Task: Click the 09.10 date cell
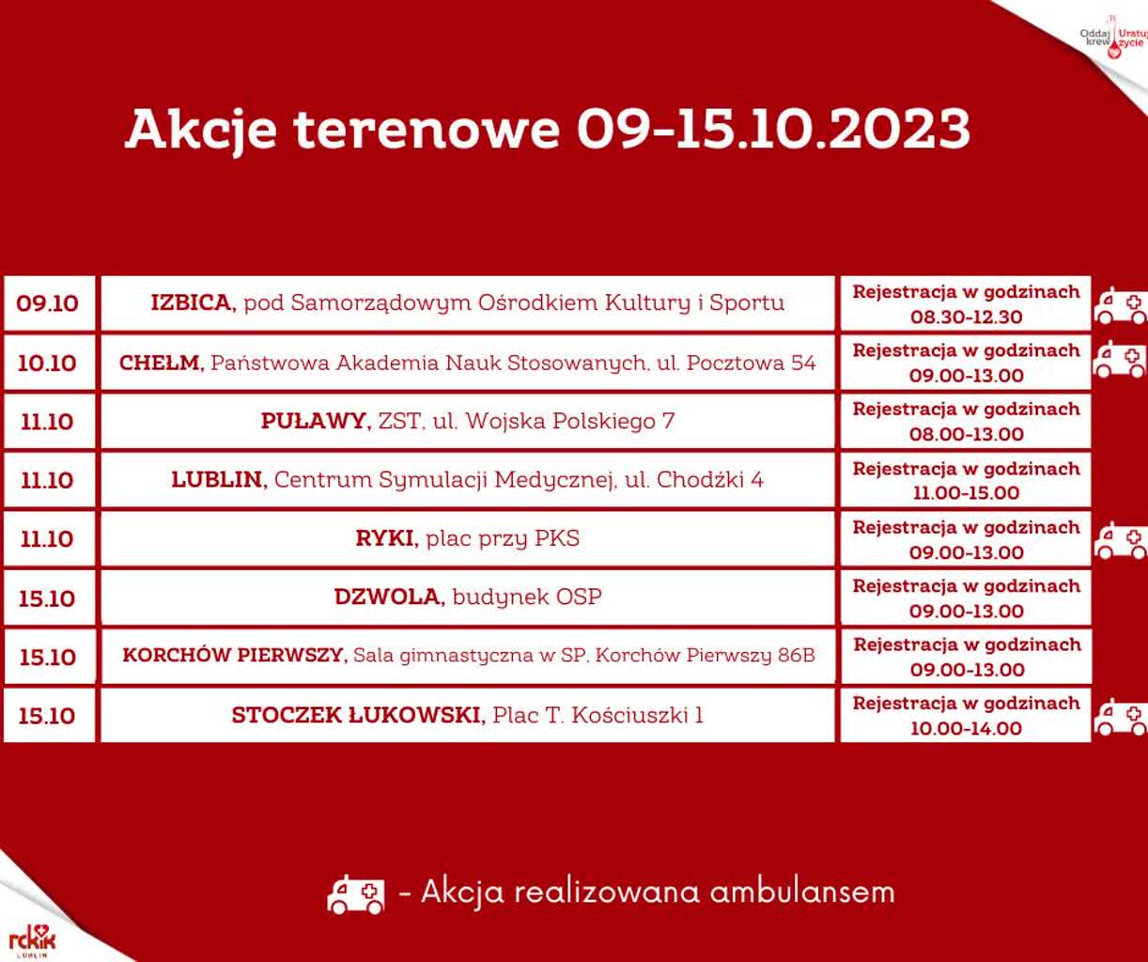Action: [x=48, y=303]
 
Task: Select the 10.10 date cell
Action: [x=48, y=363]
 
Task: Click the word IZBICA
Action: [x=193, y=303]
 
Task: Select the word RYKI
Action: [x=385, y=538]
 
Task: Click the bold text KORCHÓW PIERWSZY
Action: [x=235, y=655]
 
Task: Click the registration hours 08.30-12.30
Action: [x=966, y=317]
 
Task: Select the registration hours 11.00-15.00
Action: [x=966, y=492]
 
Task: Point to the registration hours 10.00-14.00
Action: [x=966, y=728]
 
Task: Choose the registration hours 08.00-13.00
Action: [x=966, y=434]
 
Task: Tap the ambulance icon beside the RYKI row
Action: [x=1121, y=541]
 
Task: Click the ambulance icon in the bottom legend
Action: [x=356, y=893]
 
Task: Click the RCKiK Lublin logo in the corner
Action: [x=31, y=939]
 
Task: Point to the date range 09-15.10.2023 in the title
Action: [x=772, y=129]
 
